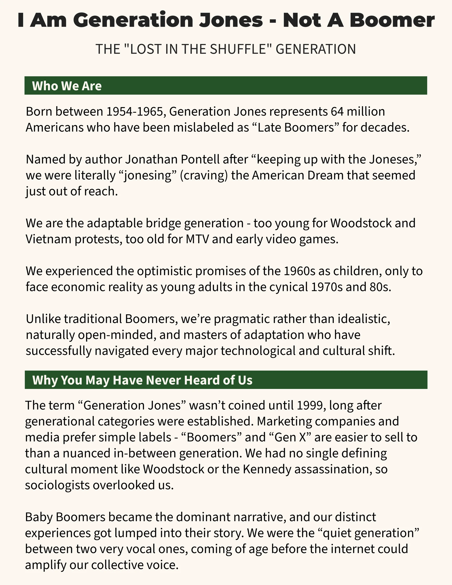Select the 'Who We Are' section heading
pyautogui.click(x=67, y=86)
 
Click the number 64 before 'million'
pyautogui.click(x=337, y=111)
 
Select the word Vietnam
pyautogui.click(x=48, y=239)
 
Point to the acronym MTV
pyautogui.click(x=197, y=239)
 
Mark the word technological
pyautogui.click(x=258, y=351)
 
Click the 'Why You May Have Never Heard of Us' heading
pyautogui.click(x=142, y=380)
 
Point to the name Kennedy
pyautogui.click(x=267, y=469)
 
